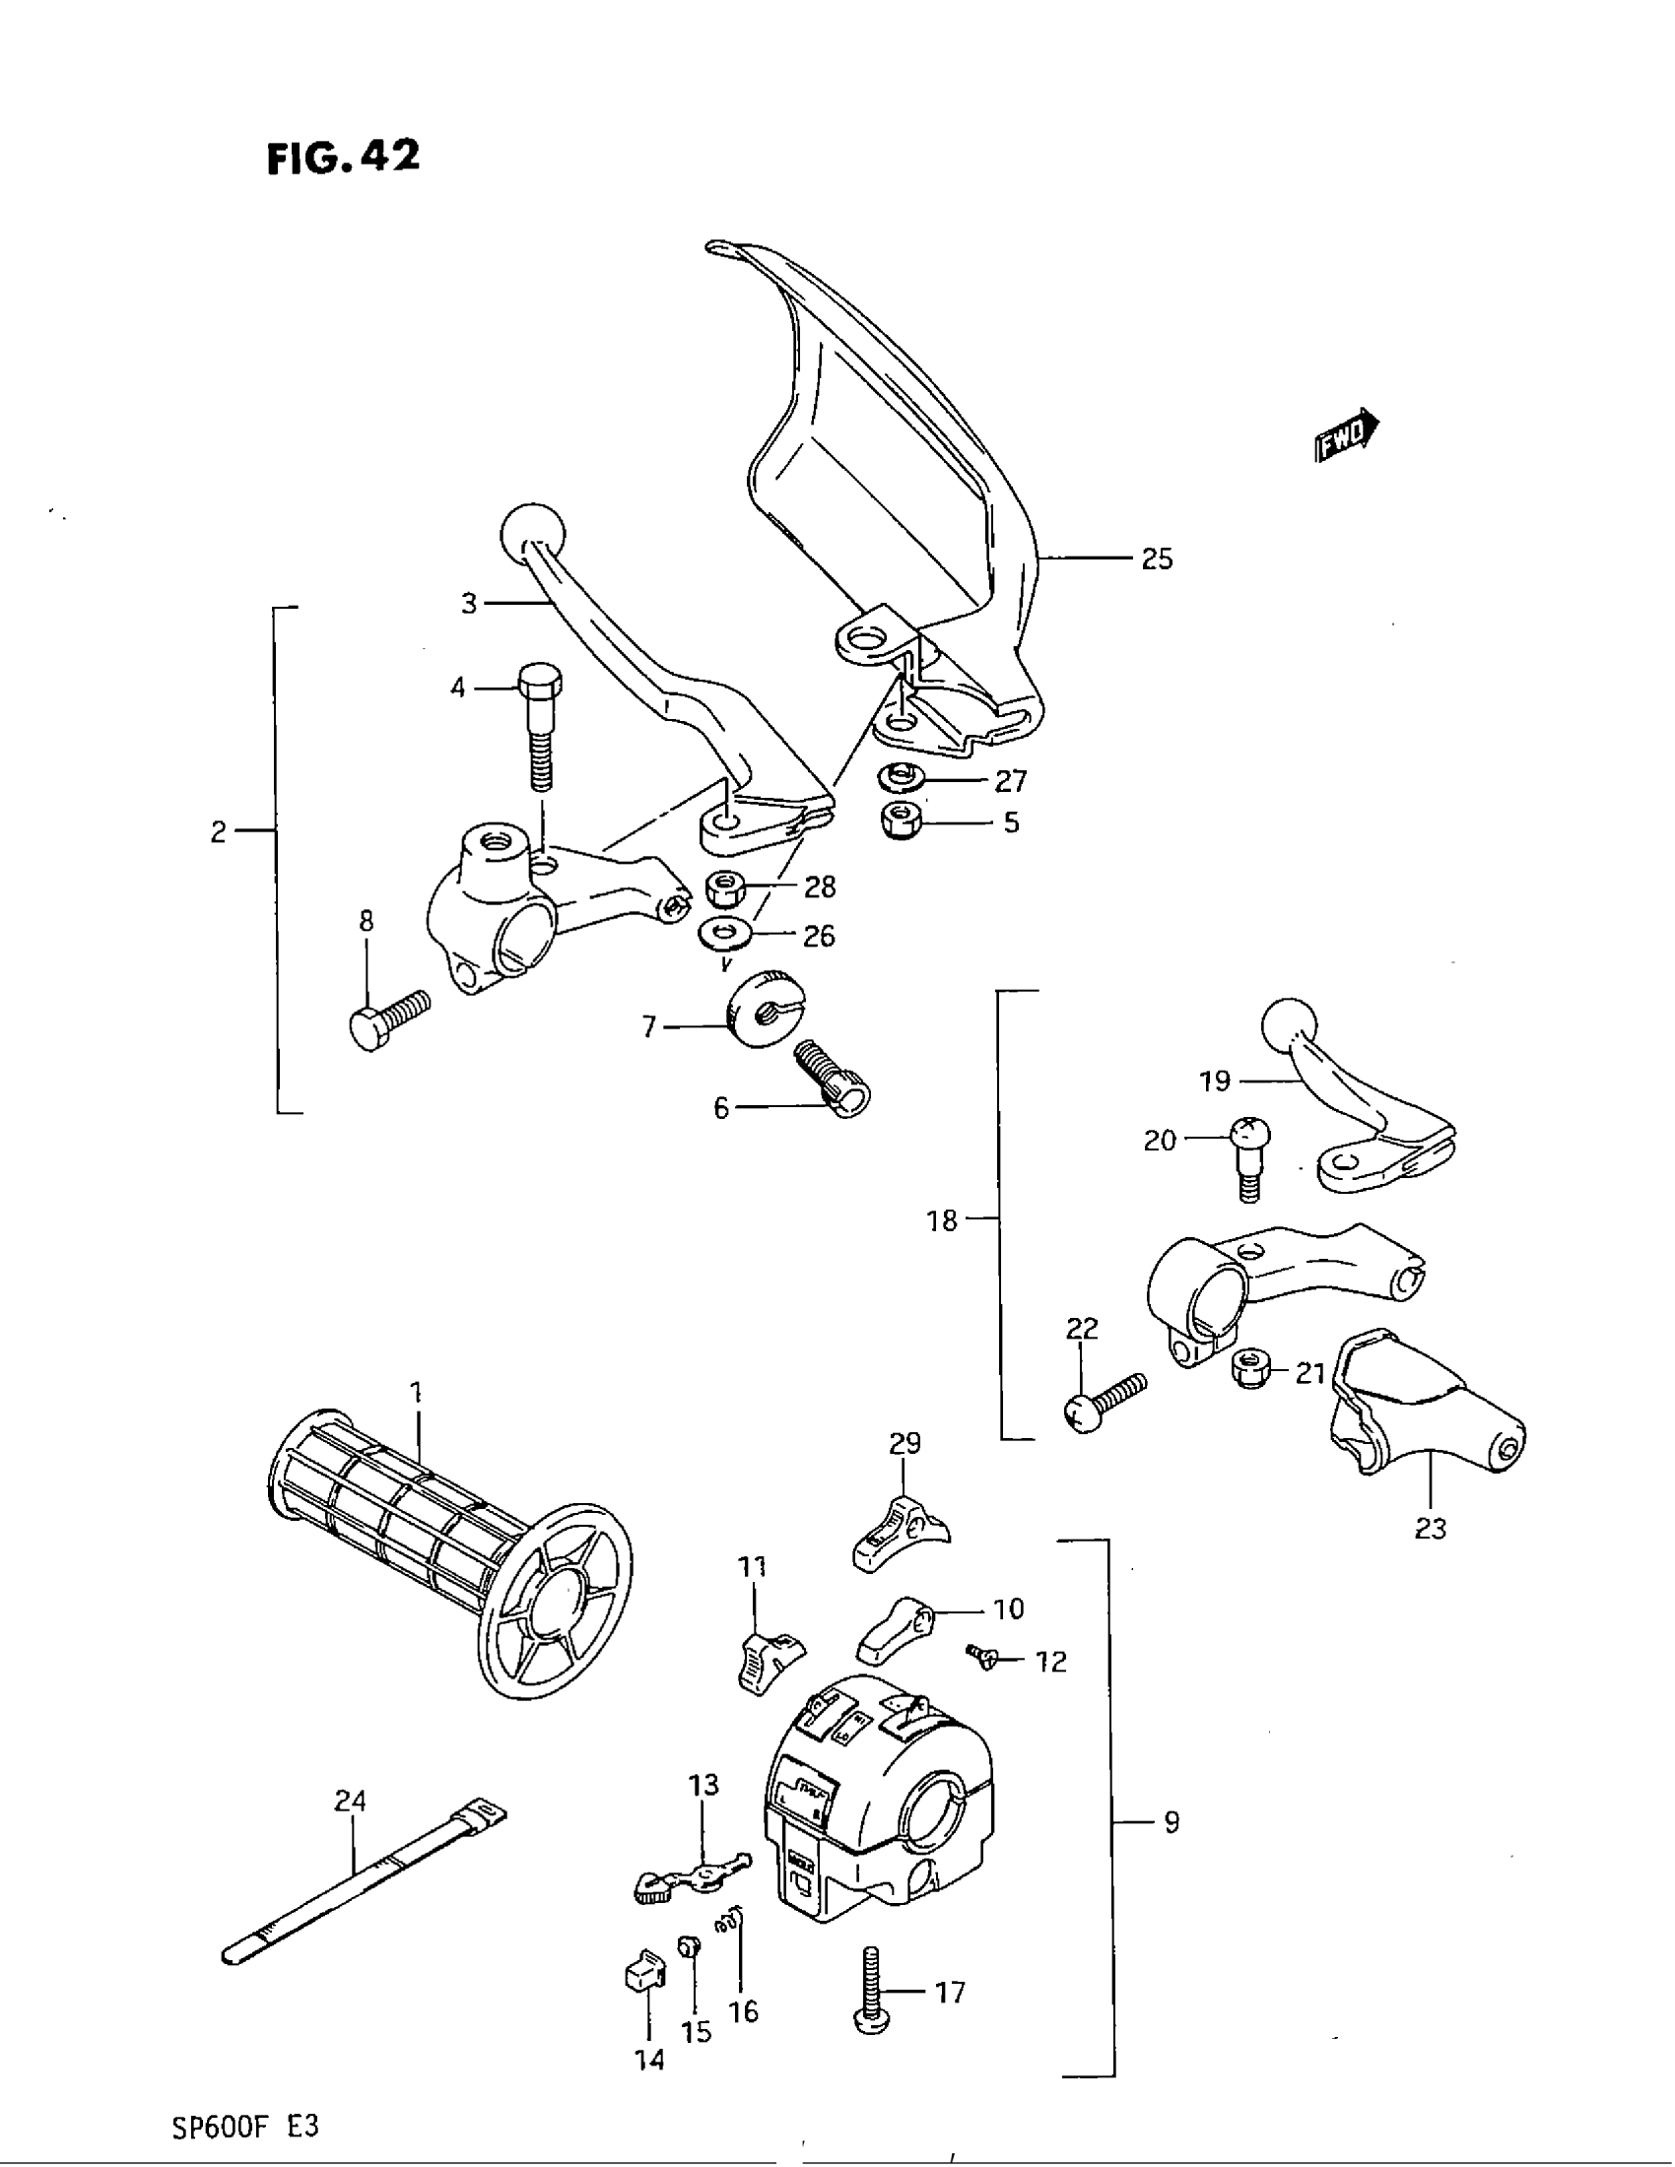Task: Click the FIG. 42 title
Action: (x=343, y=158)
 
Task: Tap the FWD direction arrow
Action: (x=1347, y=434)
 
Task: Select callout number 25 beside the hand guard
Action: (x=1157, y=559)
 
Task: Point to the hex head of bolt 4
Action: (x=539, y=684)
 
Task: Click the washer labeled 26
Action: (x=725, y=933)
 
